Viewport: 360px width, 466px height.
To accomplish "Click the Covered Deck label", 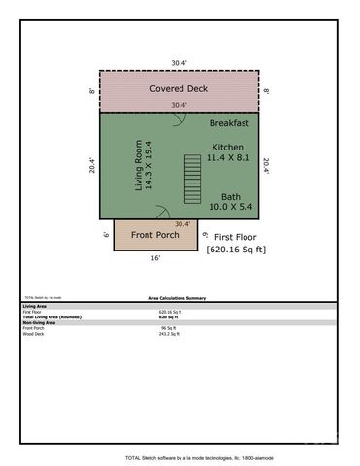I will tap(180, 89).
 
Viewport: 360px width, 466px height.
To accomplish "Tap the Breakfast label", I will tap(230, 124).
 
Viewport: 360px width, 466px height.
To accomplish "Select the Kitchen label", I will tap(230, 147).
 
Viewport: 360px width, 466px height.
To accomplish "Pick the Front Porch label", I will tap(157, 235).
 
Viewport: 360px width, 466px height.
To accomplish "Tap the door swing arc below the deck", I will tap(179, 121).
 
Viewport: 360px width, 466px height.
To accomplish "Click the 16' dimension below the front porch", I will tap(156, 259).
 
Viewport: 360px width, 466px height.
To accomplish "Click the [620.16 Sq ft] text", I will tap(236, 250).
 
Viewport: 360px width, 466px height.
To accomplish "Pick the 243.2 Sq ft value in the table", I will tap(170, 333).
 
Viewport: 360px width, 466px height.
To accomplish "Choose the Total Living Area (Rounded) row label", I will tap(52, 316).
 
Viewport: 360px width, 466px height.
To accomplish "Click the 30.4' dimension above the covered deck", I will tap(179, 62).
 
